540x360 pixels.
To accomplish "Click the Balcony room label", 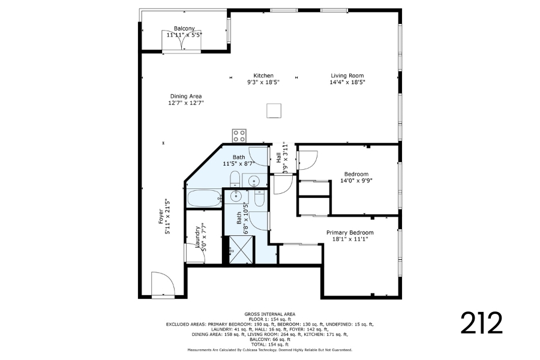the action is point(184,28).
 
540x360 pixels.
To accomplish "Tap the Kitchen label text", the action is point(263,76).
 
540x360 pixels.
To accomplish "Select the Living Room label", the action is point(347,76).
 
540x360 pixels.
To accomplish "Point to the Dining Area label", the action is point(186,96).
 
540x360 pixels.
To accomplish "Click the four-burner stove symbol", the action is point(239,136).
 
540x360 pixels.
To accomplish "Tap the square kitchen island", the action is point(274,110).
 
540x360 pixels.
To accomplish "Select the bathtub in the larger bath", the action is point(204,199).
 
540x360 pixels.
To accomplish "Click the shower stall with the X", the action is point(241,250).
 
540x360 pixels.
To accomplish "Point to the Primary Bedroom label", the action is point(350,233).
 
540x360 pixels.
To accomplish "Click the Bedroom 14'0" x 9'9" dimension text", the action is point(356,181).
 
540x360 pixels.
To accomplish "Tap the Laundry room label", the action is point(197,236).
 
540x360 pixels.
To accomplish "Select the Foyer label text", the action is point(161,217).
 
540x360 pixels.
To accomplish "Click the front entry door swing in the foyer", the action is point(163,284).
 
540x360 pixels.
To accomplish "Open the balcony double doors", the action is point(181,41).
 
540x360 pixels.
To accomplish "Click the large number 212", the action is point(481,323).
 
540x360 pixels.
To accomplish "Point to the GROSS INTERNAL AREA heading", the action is point(269,314).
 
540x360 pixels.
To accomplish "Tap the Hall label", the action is point(278,158).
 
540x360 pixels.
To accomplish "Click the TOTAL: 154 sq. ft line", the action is point(269,344).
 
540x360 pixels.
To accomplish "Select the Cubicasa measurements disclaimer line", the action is point(269,350).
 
